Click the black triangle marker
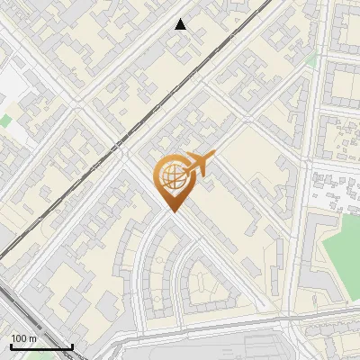pos(181,24)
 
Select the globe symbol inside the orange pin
pos(173,176)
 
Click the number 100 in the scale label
pos(19,338)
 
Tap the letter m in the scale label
pos(32,338)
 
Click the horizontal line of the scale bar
pos(41,347)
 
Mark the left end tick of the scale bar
pos(11,346)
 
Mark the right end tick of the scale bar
pos(72,346)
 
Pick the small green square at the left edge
pos(4,120)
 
